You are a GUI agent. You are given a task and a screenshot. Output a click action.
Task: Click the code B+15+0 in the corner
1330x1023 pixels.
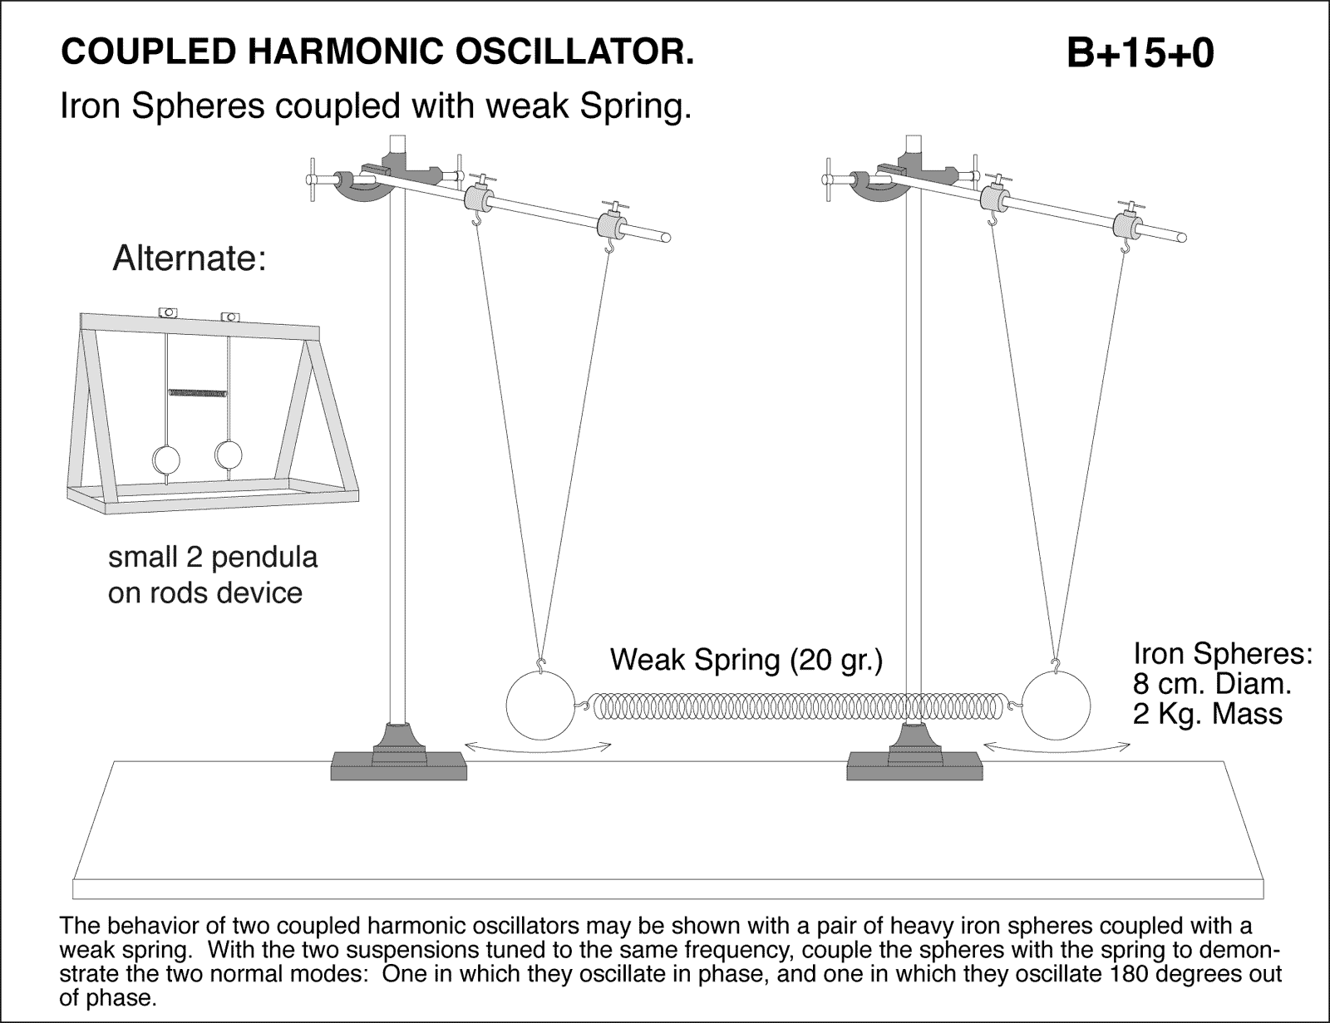pyautogui.click(x=1140, y=55)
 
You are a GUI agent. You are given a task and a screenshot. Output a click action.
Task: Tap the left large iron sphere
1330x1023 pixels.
pyautogui.click(x=540, y=706)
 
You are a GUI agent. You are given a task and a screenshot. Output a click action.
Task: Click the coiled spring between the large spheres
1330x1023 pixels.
pyautogui.click(x=798, y=707)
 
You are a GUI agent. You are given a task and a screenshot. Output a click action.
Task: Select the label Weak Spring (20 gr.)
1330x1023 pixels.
pyautogui.click(x=746, y=660)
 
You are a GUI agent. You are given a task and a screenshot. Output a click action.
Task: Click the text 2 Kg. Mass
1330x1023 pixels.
pyautogui.click(x=1208, y=713)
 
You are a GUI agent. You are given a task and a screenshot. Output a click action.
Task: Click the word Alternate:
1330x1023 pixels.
pyautogui.click(x=189, y=258)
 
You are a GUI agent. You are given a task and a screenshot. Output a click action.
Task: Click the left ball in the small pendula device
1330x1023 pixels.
pyautogui.click(x=166, y=459)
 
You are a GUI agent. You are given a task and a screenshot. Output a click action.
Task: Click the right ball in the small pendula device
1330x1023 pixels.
pyautogui.click(x=228, y=453)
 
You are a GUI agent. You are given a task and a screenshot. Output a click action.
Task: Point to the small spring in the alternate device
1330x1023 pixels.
pyautogui.click(x=197, y=391)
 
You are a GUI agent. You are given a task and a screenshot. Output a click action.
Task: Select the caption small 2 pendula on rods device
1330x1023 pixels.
pyautogui.click(x=213, y=574)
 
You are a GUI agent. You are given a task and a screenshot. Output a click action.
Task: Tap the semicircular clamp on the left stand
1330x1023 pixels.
pyautogui.click(x=363, y=188)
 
